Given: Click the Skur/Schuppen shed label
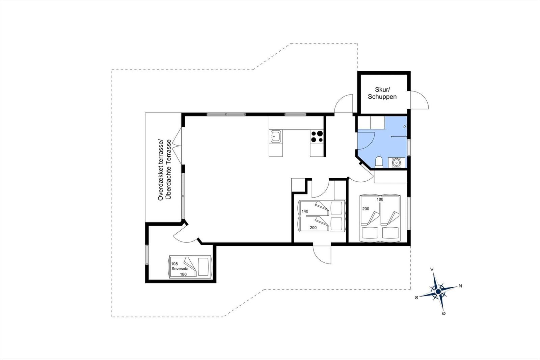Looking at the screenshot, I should (382, 93).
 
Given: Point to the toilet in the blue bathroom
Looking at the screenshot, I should (379, 162).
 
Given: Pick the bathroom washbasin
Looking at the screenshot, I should (396, 162).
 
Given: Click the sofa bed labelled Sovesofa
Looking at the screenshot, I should (190, 266).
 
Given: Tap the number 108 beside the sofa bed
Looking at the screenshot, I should (174, 264).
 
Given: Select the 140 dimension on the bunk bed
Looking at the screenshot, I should (305, 211).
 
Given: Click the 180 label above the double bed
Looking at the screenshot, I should (380, 199).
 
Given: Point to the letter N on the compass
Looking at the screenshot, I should (460, 286).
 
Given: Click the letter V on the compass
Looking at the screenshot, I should (432, 269).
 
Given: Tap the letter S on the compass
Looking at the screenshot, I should (416, 298).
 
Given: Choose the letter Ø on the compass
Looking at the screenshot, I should (443, 314).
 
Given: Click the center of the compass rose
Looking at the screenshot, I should (438, 291).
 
